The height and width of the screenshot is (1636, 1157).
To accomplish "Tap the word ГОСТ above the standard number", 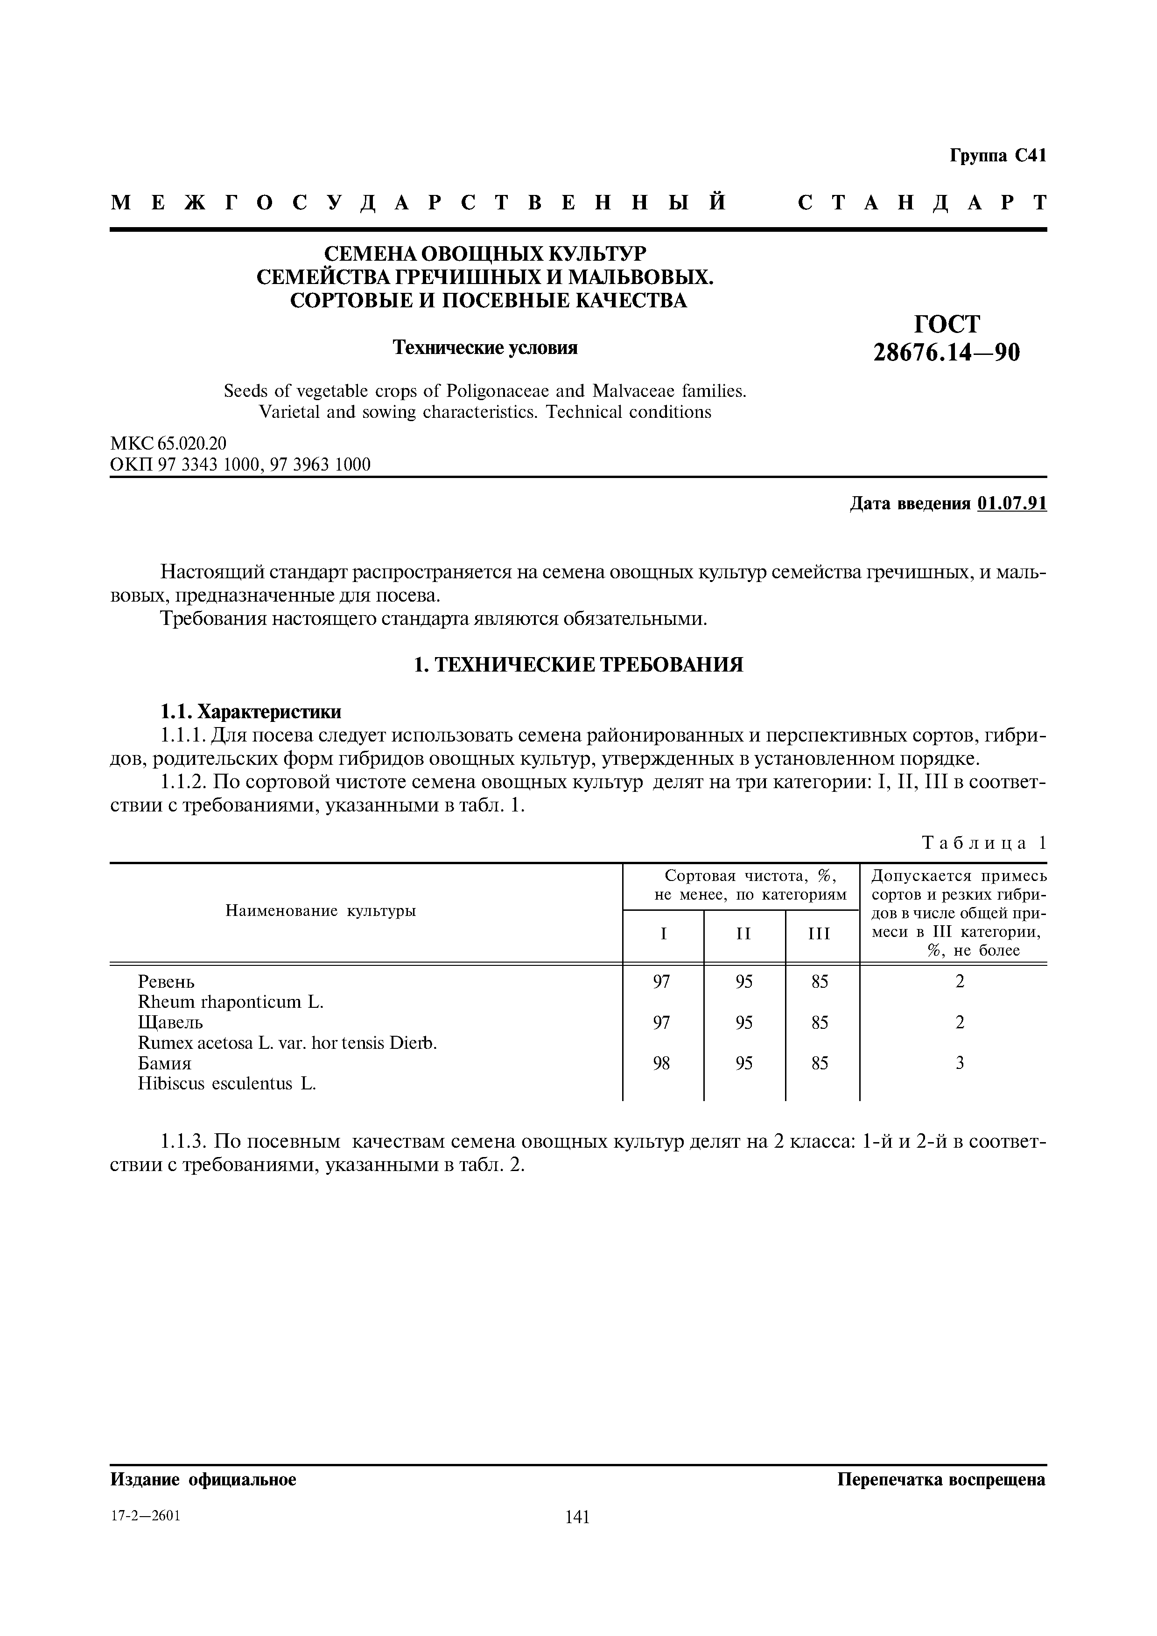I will point(947,324).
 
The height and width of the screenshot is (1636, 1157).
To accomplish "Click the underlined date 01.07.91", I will point(1012,504).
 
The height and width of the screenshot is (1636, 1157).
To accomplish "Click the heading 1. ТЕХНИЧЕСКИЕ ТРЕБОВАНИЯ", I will point(578,665).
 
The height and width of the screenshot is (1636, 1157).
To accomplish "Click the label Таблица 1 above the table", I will point(984,843).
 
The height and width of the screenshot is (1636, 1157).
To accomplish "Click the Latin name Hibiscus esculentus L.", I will point(227,1084).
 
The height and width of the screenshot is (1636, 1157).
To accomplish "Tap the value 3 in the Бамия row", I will point(960,1063).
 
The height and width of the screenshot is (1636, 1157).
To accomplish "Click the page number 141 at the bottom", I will point(577,1518).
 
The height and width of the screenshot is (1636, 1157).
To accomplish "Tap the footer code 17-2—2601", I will point(146,1516).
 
